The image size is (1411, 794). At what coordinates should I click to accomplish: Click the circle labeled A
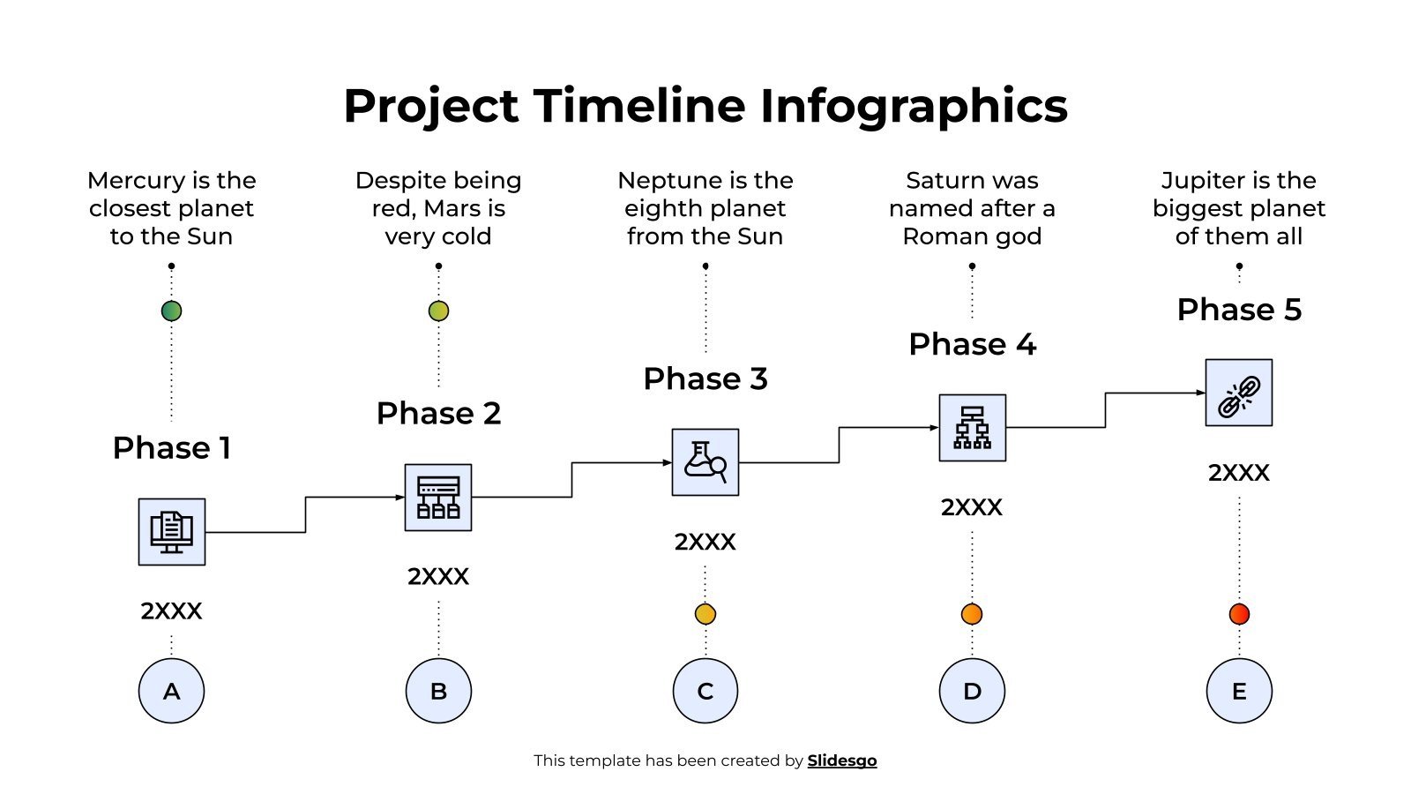click(x=171, y=691)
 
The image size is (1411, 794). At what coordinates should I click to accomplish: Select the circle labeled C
click(x=705, y=691)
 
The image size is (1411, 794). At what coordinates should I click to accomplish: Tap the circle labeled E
click(x=1238, y=691)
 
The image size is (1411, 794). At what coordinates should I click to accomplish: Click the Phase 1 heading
click(x=171, y=447)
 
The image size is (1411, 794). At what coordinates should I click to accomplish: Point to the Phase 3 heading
click(x=705, y=378)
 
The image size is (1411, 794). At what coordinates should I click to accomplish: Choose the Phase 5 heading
click(x=1238, y=310)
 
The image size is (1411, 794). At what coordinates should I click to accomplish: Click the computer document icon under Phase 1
click(x=171, y=531)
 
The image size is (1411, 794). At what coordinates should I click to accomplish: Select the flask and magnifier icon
click(x=705, y=462)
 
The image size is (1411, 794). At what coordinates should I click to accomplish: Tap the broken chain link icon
click(x=1238, y=393)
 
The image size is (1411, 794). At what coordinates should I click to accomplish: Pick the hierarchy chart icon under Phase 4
click(x=972, y=428)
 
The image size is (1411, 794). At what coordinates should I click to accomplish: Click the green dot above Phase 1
click(x=171, y=311)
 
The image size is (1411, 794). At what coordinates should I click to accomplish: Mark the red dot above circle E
click(x=1238, y=614)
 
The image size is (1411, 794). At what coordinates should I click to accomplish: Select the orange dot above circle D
click(x=972, y=614)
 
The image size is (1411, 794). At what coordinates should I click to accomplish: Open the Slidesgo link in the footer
click(x=841, y=760)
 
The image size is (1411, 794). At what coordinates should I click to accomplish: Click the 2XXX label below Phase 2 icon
click(x=438, y=576)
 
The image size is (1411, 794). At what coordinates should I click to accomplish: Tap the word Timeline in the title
click(x=639, y=106)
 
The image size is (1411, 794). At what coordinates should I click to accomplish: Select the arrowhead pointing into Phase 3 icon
click(x=668, y=462)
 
